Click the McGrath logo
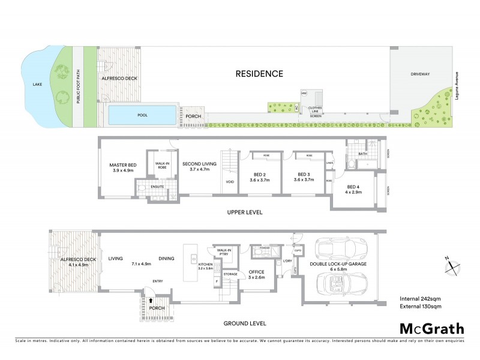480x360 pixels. point(431,328)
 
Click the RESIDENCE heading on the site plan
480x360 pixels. point(259,74)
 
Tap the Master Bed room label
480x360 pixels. point(124,167)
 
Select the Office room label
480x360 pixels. point(256,275)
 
